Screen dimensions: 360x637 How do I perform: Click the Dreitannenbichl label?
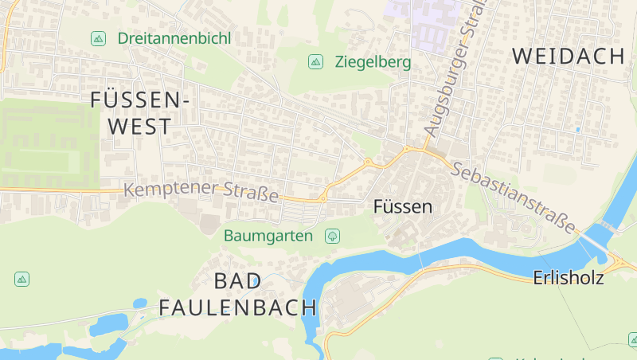click(174, 38)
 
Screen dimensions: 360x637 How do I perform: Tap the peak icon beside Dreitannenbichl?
click(98, 38)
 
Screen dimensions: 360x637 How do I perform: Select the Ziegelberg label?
click(373, 61)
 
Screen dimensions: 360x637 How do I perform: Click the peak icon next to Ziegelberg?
click(315, 61)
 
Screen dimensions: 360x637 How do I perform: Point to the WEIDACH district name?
click(569, 56)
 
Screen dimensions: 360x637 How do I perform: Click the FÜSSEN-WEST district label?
click(140, 112)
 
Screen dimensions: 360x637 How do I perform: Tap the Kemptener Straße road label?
click(202, 192)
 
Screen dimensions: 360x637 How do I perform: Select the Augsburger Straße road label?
click(450, 72)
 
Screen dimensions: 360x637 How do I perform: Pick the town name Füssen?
click(403, 207)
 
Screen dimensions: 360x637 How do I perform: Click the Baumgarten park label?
click(268, 236)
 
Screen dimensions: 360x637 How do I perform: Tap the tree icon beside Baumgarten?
click(332, 236)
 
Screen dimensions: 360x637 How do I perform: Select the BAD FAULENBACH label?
click(238, 294)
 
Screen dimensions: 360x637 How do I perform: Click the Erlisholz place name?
click(569, 278)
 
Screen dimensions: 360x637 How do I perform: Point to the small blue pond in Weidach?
click(577, 129)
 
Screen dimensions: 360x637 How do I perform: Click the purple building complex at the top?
click(422, 20)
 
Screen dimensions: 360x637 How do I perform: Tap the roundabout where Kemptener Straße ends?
click(324, 196)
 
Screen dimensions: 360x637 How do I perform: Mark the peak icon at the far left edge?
click(21, 279)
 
